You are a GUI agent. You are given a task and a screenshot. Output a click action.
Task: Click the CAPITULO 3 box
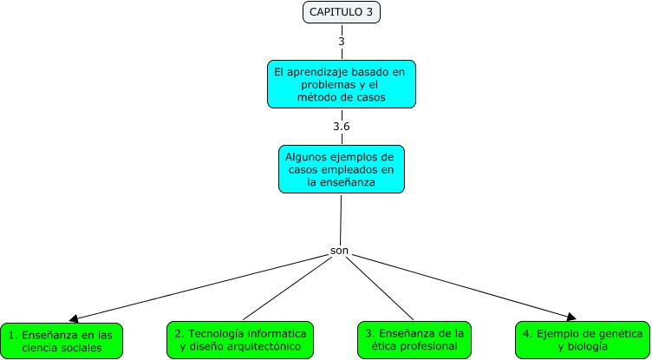point(341,12)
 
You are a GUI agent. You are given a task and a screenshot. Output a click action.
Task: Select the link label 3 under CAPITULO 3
point(341,41)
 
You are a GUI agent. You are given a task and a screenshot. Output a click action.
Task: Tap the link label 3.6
point(341,127)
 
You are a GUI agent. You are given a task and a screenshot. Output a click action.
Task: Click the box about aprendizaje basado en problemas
point(341,83)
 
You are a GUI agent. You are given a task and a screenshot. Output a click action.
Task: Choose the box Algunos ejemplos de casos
point(341,169)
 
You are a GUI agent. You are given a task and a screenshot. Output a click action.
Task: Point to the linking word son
point(340,251)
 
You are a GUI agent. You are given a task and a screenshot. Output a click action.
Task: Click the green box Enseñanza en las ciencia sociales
point(62,341)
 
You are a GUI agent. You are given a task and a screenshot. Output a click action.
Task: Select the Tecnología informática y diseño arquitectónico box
point(239,339)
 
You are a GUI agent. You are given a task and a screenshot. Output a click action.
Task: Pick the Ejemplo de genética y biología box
point(583,339)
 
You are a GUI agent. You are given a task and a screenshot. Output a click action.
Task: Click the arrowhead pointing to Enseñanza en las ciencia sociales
point(75,318)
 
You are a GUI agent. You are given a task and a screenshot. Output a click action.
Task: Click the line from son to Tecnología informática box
point(287,288)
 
